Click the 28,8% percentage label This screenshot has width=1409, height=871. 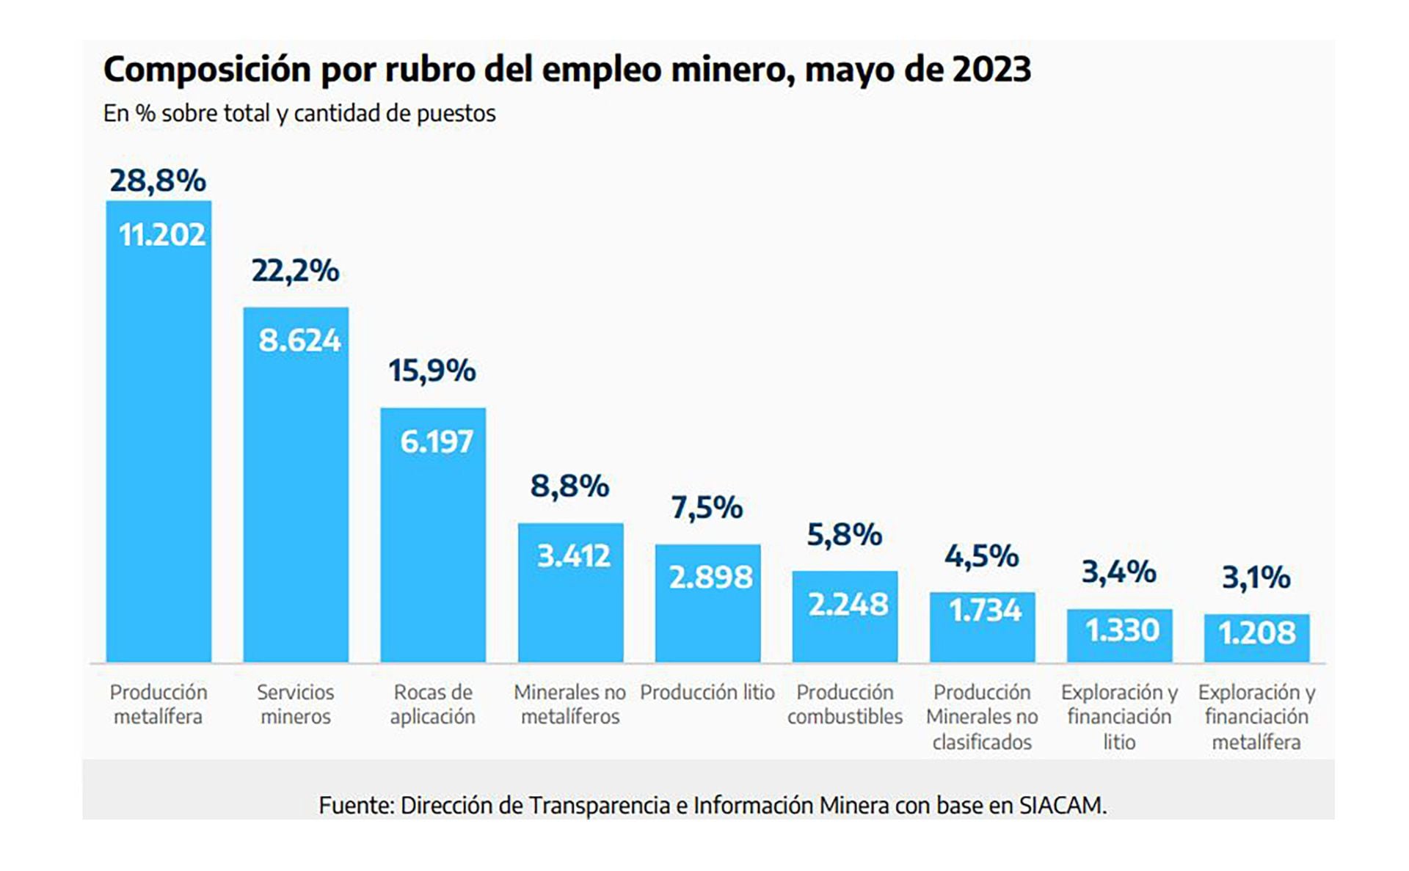coord(158,181)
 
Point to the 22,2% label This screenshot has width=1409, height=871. coord(295,271)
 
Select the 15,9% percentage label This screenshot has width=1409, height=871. coord(432,371)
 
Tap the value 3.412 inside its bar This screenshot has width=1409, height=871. coord(573,556)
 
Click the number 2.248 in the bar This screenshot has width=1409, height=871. coord(848,605)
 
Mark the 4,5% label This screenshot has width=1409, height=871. coord(981,556)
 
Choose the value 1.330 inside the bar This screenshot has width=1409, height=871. coord(1121,630)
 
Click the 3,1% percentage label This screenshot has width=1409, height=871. coord(1256,577)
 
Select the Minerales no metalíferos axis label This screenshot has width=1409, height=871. coord(570,704)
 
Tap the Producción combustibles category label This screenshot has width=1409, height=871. coord(845,704)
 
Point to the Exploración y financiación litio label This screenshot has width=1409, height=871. coord(1119,717)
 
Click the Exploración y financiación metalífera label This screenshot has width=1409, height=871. coord(1256,717)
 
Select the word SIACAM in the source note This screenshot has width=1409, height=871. coord(1061,806)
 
